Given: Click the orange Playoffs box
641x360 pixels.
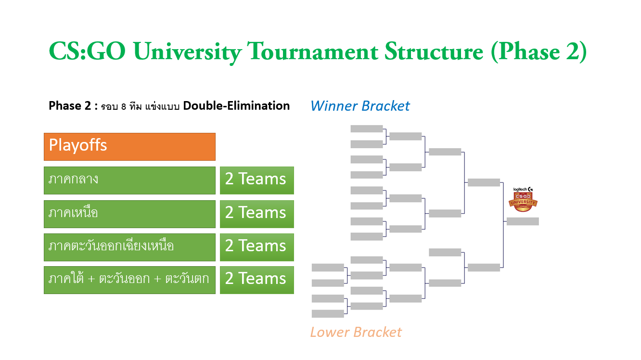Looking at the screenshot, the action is click(129, 147).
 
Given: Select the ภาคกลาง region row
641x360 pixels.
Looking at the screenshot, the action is click(129, 180).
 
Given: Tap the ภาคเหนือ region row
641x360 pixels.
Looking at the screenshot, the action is click(129, 214).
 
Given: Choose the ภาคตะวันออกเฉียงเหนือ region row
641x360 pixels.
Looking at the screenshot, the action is click(129, 247).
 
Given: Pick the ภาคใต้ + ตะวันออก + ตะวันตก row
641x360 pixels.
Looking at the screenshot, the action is click(129, 280).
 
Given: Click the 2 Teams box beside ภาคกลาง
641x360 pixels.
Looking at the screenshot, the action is click(257, 180).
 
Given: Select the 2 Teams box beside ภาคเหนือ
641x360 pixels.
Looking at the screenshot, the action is click(257, 214).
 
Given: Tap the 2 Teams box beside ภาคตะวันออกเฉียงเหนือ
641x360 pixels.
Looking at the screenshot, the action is click(257, 247).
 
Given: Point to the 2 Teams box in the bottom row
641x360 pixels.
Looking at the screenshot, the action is click(257, 280).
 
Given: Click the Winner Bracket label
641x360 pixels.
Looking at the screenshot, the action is click(360, 106).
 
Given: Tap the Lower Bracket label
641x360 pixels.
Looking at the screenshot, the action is click(356, 332).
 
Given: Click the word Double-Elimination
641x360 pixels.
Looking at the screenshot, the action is click(236, 106).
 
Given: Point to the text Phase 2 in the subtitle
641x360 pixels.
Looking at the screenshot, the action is click(70, 106).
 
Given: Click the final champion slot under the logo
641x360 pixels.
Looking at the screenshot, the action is click(523, 221).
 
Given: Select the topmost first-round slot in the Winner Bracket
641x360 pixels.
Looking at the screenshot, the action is click(367, 129).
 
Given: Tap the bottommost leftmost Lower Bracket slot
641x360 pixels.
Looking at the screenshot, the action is click(328, 314).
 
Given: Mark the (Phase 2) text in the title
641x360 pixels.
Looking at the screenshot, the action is click(539, 52).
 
